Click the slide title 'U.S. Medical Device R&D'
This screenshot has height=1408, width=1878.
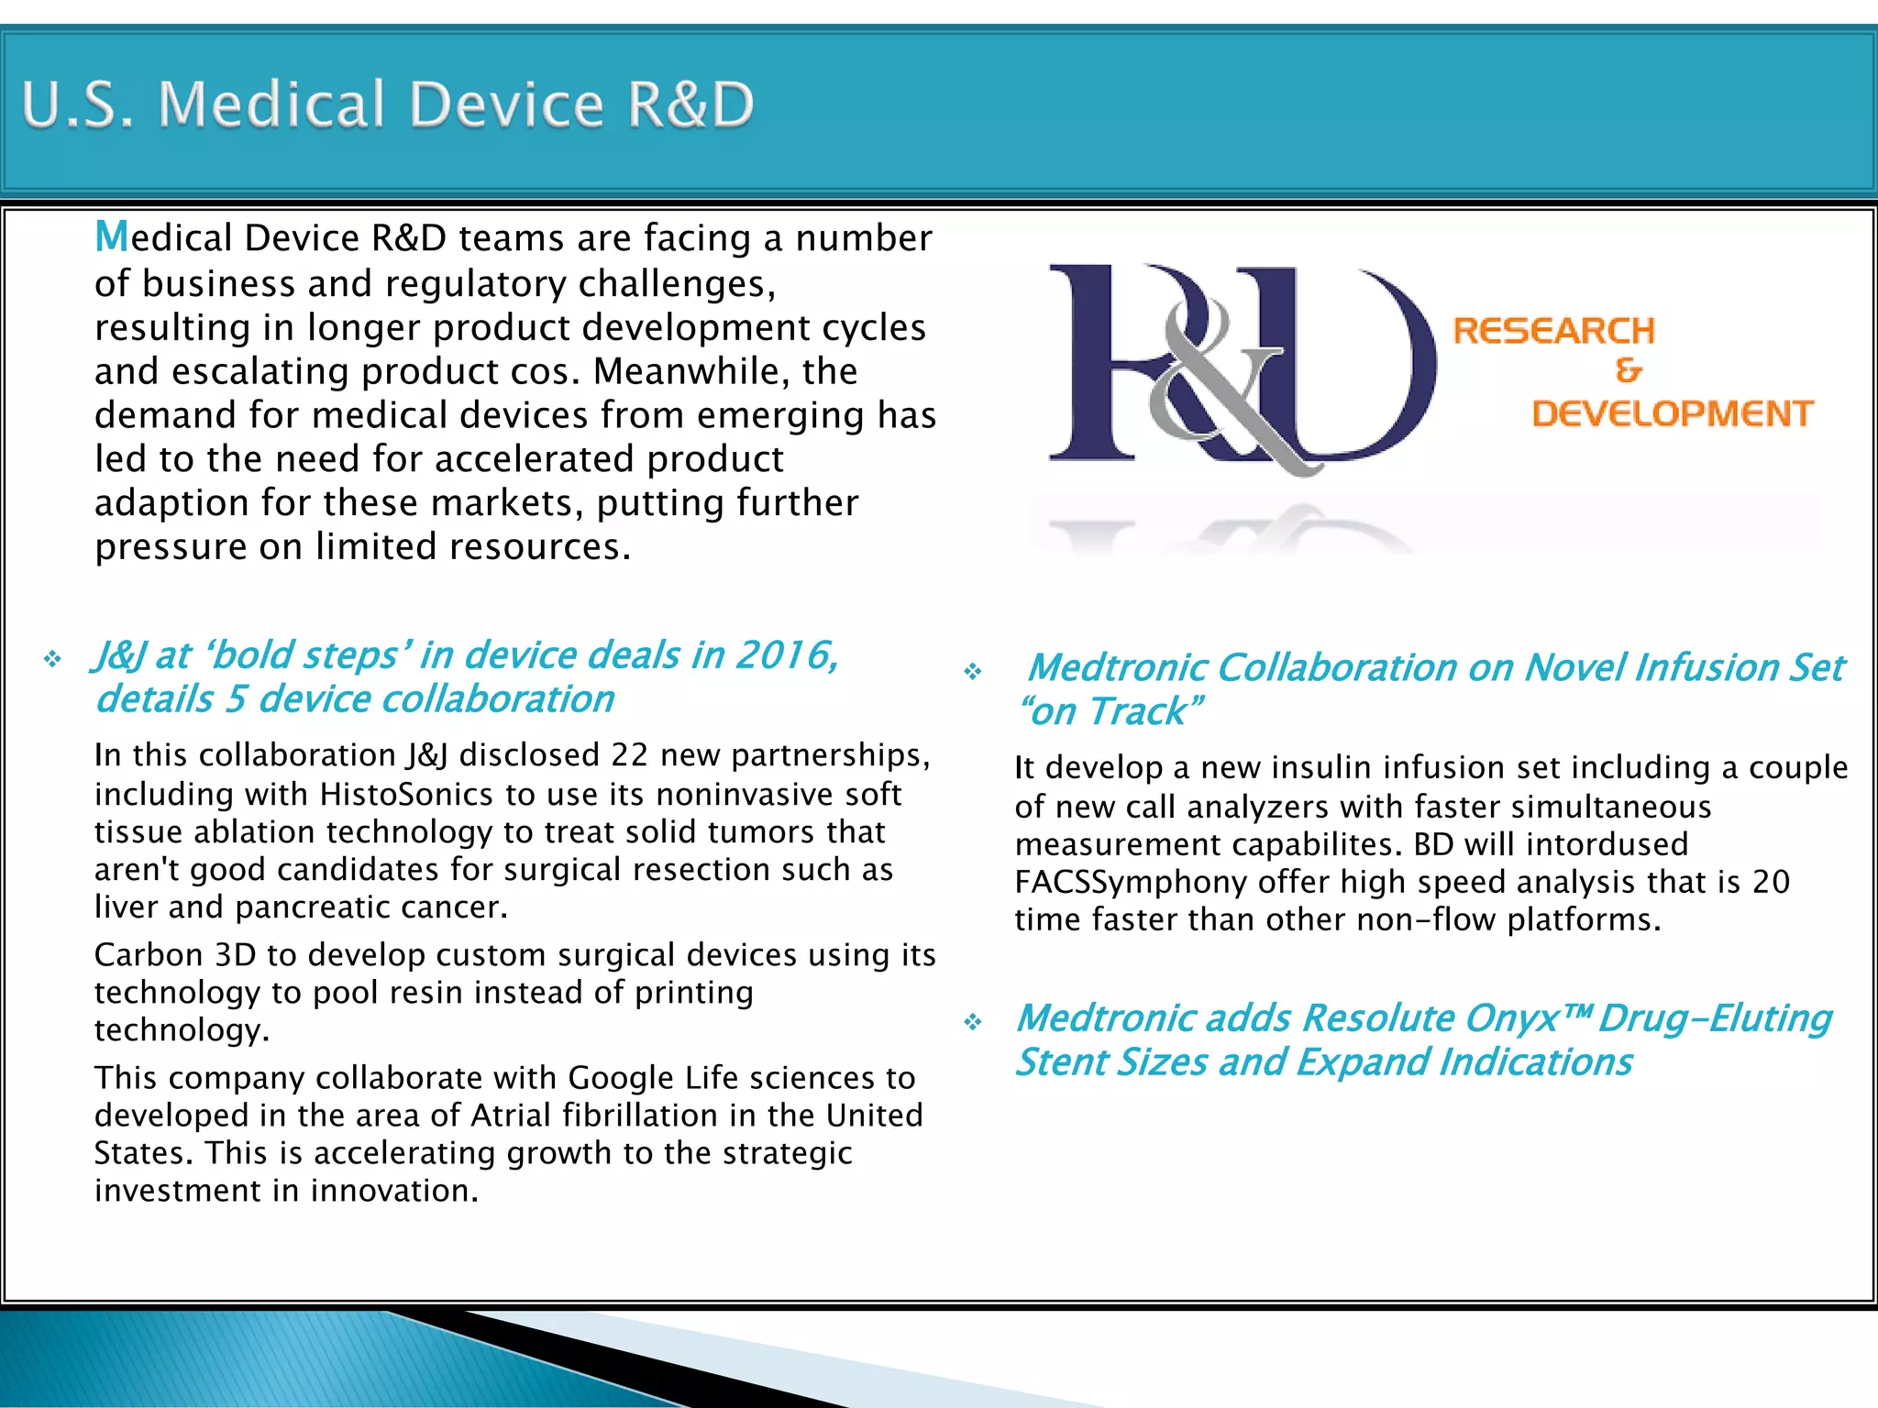(387, 104)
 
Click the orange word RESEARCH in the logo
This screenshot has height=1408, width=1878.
(1553, 331)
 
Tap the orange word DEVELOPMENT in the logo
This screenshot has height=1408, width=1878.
(1672, 413)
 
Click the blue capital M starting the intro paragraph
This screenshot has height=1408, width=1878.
(112, 236)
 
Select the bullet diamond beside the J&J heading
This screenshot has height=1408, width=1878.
(52, 659)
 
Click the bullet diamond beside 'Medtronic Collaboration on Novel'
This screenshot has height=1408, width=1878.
(972, 672)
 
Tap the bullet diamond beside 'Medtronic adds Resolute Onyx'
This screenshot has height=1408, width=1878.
(972, 1022)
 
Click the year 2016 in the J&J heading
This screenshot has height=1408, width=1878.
(786, 655)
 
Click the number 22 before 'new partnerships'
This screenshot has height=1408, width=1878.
(630, 755)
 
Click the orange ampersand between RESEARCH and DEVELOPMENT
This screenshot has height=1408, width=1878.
(1629, 371)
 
